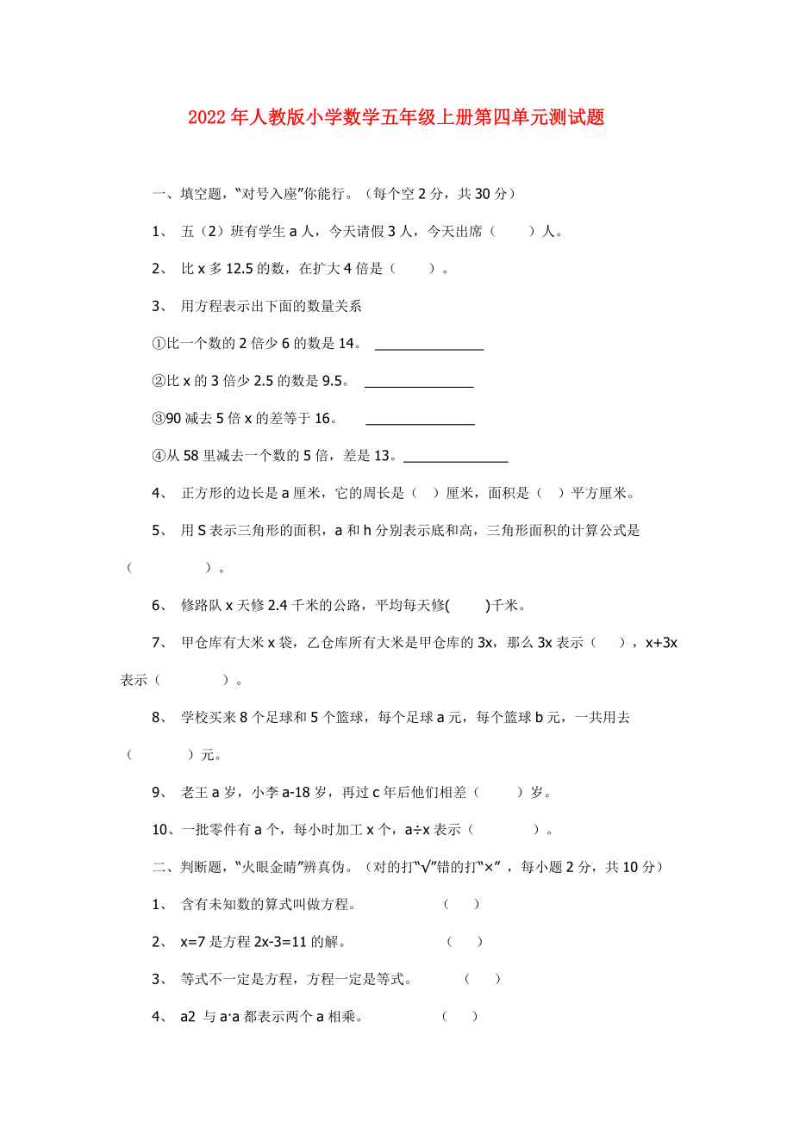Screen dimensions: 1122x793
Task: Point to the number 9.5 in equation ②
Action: tap(334, 381)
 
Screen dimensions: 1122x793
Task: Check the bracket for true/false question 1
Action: tap(462, 905)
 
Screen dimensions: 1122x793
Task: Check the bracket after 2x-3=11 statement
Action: tap(465, 942)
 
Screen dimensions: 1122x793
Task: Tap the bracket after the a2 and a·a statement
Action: tap(460, 1017)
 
